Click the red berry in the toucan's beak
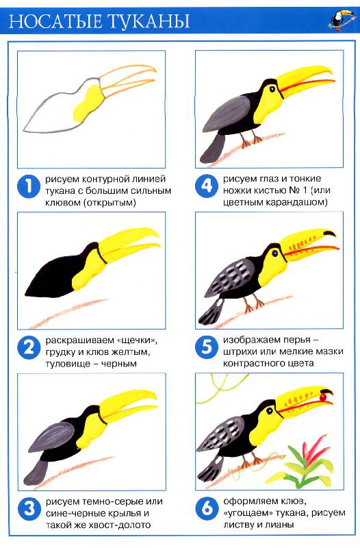tap(323, 397)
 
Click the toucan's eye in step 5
tap(275, 252)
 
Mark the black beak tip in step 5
tap(330, 233)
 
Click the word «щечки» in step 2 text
tap(136, 340)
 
